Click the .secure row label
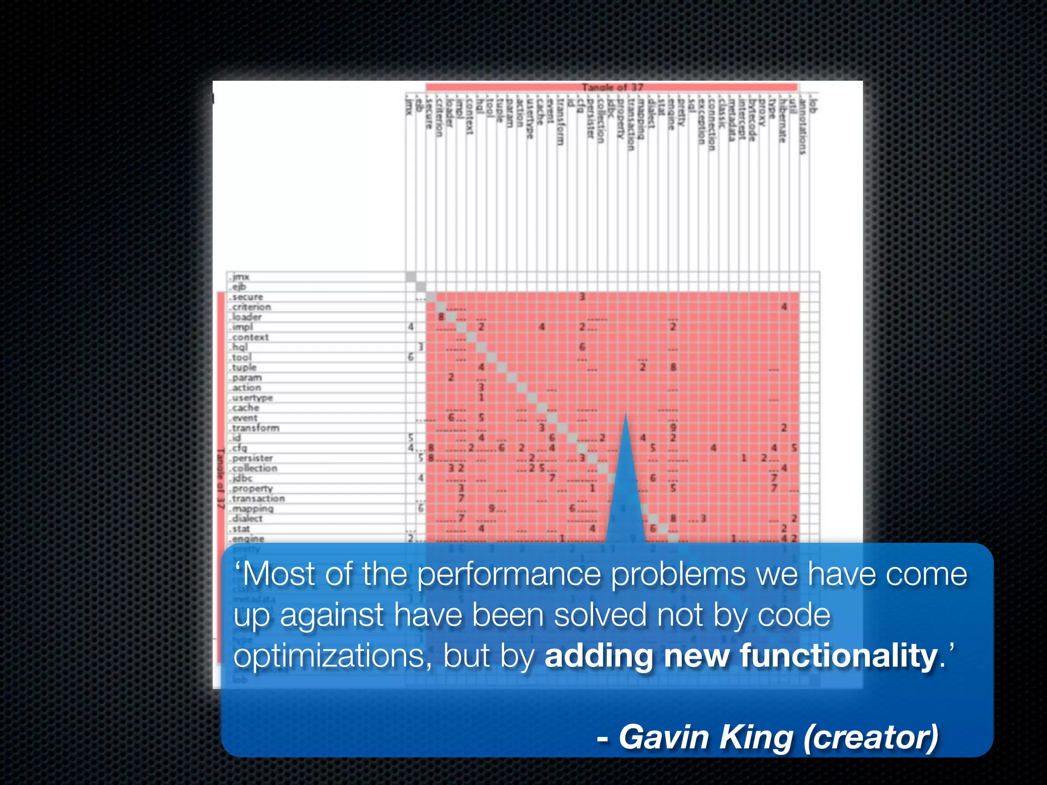click(247, 297)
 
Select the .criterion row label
click(251, 307)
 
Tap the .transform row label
click(255, 428)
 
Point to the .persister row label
click(252, 458)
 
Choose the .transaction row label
click(258, 499)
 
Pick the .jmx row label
click(240, 277)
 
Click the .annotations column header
click(803, 125)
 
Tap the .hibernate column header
click(783, 120)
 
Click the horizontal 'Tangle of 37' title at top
click(612, 87)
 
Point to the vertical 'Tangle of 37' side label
click(221, 478)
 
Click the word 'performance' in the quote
click(509, 574)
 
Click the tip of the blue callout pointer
click(625, 415)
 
